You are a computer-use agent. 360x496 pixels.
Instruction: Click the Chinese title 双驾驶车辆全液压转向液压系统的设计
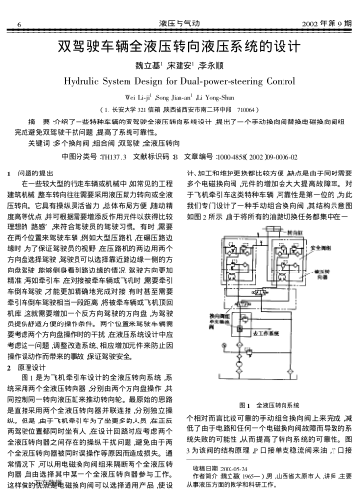[180, 45]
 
